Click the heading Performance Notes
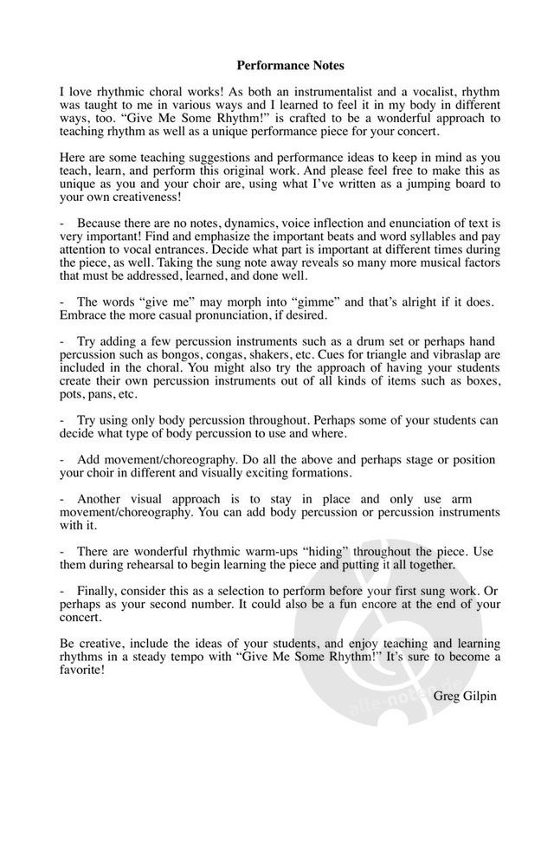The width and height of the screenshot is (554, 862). tap(278, 65)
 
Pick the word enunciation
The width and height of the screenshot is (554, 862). tap(403, 223)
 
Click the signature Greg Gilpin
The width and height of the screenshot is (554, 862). tap(466, 695)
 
